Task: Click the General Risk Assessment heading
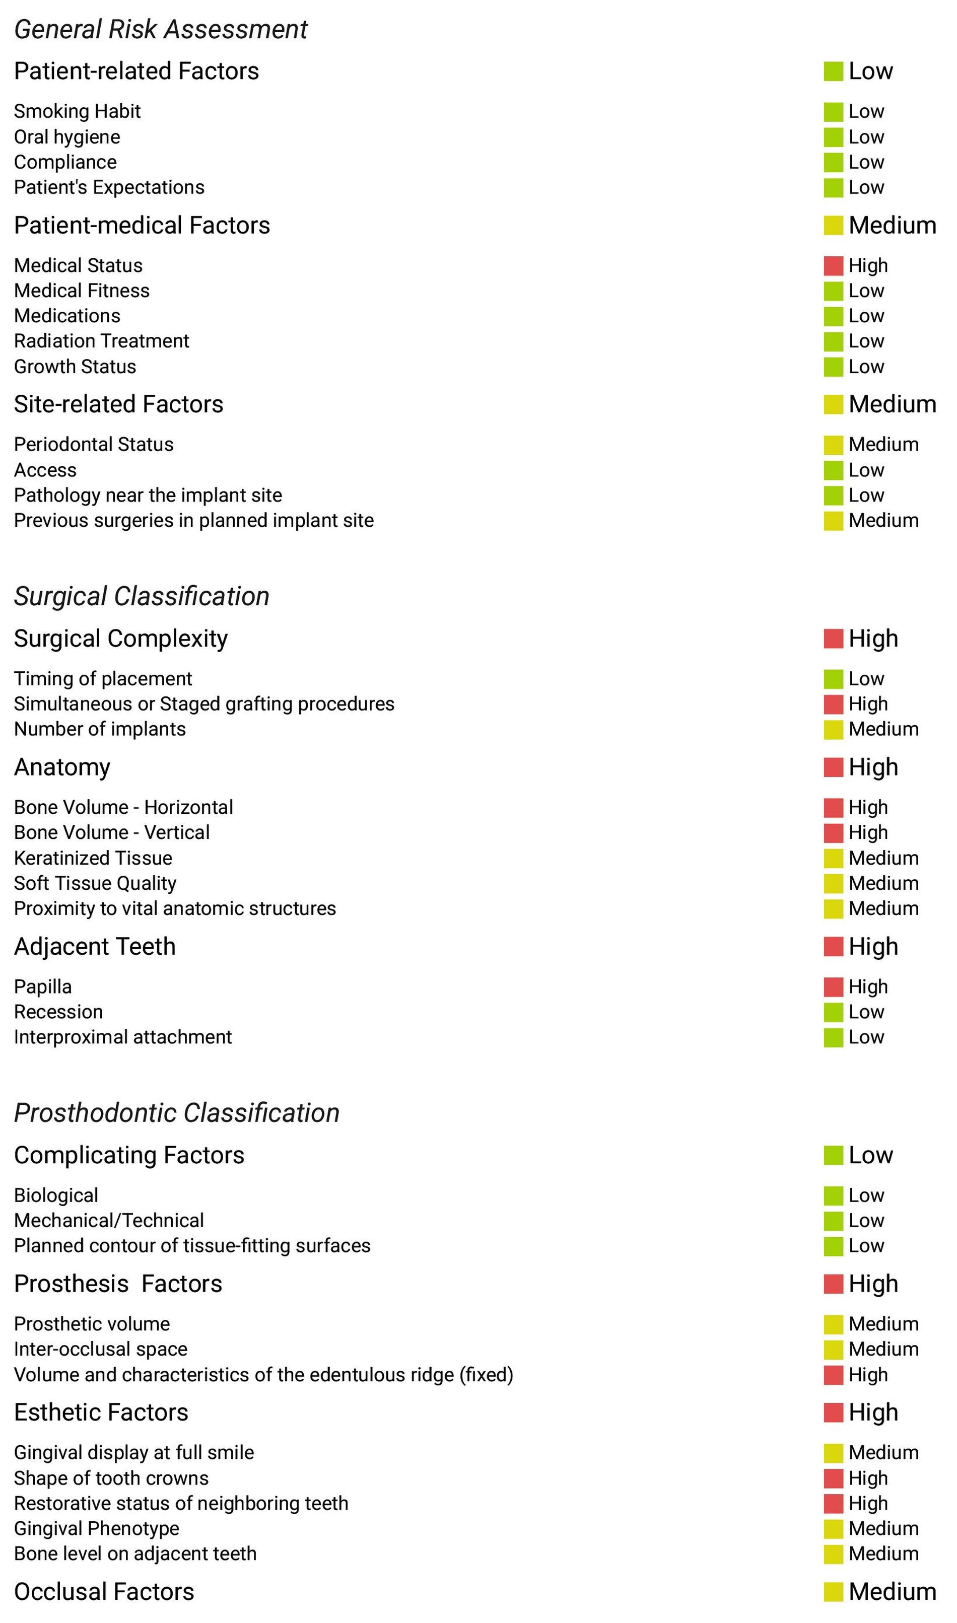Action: click(x=161, y=30)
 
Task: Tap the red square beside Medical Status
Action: click(x=833, y=265)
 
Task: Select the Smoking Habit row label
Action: click(x=78, y=111)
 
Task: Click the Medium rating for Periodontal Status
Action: click(x=883, y=445)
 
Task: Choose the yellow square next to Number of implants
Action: click(x=833, y=730)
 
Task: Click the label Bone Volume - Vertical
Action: click(x=111, y=833)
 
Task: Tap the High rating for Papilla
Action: click(x=868, y=987)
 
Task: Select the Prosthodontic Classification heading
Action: click(x=177, y=1113)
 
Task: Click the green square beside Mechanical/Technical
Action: click(x=833, y=1221)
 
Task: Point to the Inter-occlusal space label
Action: click(x=101, y=1349)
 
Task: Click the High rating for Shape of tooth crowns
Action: click(x=868, y=1478)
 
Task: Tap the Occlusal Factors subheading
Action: click(x=104, y=1592)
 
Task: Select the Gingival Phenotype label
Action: click(x=97, y=1528)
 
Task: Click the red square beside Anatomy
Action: click(x=833, y=767)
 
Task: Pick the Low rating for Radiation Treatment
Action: click(x=866, y=341)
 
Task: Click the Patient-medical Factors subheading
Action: click(x=142, y=226)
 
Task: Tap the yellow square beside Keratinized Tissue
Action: click(x=833, y=859)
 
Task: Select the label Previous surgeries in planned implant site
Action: click(x=193, y=521)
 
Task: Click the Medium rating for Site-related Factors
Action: click(x=892, y=404)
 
